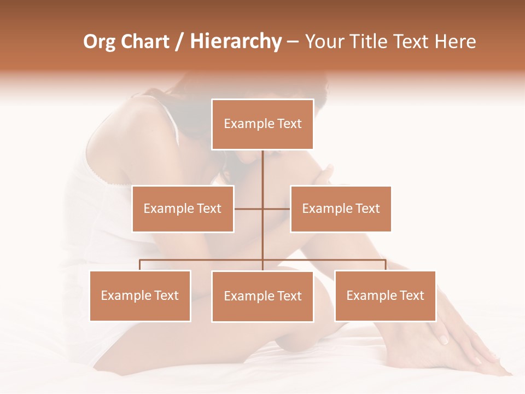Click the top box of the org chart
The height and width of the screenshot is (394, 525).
click(x=262, y=124)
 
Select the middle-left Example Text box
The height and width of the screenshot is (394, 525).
click(x=183, y=208)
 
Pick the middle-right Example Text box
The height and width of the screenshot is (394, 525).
click(x=341, y=208)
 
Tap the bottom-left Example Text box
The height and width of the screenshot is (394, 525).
click(x=140, y=296)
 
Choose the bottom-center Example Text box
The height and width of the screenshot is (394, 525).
click(x=262, y=296)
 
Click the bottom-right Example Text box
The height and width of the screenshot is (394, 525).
click(x=385, y=296)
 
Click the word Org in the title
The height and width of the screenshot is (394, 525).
click(x=99, y=42)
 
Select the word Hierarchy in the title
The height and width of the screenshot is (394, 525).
click(x=235, y=42)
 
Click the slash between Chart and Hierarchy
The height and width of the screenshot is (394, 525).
click(x=179, y=42)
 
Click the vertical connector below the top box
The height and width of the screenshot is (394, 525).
click(x=262, y=170)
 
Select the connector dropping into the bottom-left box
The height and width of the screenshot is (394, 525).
click(x=140, y=265)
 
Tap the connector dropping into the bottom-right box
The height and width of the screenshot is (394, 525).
click(x=386, y=265)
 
